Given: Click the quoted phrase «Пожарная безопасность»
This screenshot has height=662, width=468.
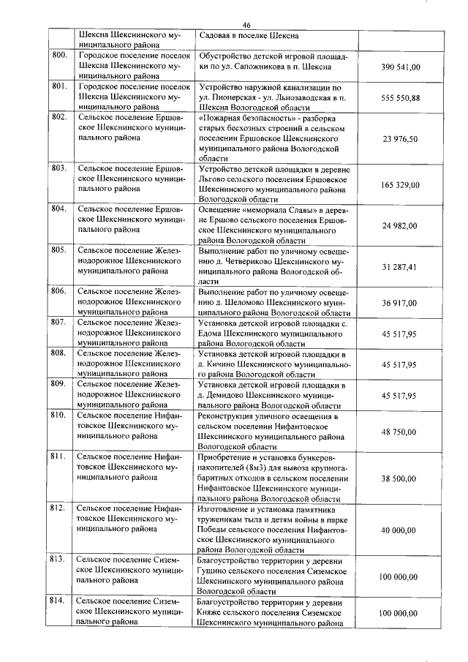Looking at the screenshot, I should (240, 117).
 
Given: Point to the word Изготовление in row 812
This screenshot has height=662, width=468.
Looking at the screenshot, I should (228, 508).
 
